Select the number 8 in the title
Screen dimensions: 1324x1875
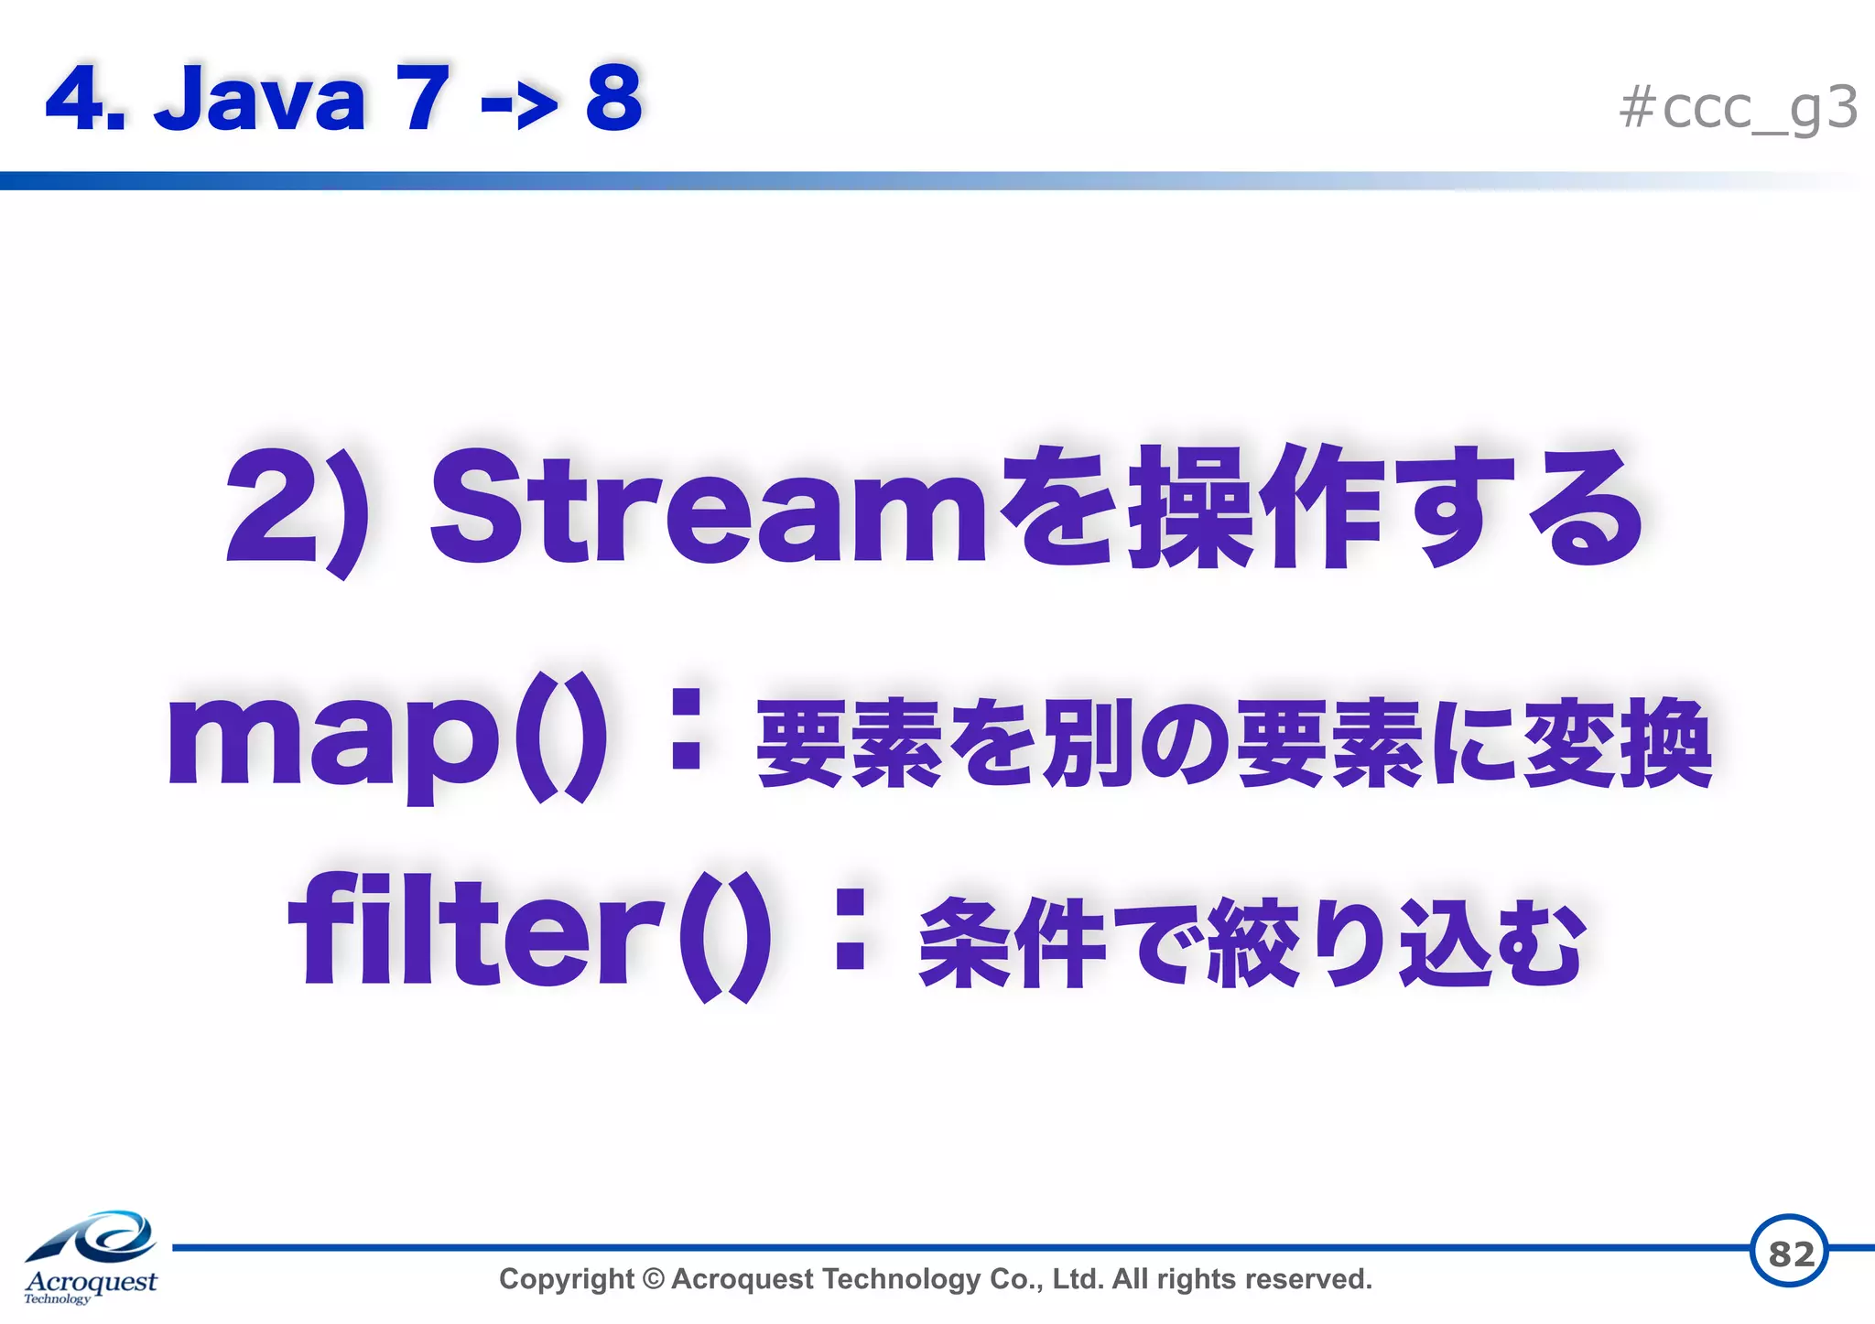click(x=613, y=99)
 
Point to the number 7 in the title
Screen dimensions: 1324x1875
click(x=422, y=99)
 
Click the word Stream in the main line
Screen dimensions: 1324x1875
click(x=710, y=508)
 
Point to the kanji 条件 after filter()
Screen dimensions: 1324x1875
click(x=1012, y=942)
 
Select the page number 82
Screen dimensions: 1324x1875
click(x=1790, y=1253)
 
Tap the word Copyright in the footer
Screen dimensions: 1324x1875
click(x=566, y=1279)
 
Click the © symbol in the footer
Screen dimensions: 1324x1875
click(x=653, y=1279)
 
